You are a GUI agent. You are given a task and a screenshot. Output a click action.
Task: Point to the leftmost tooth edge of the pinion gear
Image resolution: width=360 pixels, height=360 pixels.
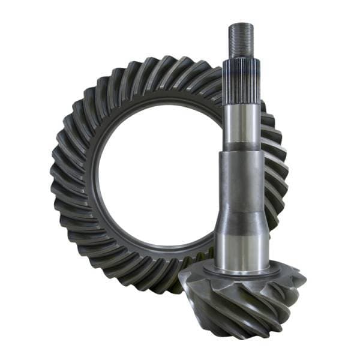click(182, 282)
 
